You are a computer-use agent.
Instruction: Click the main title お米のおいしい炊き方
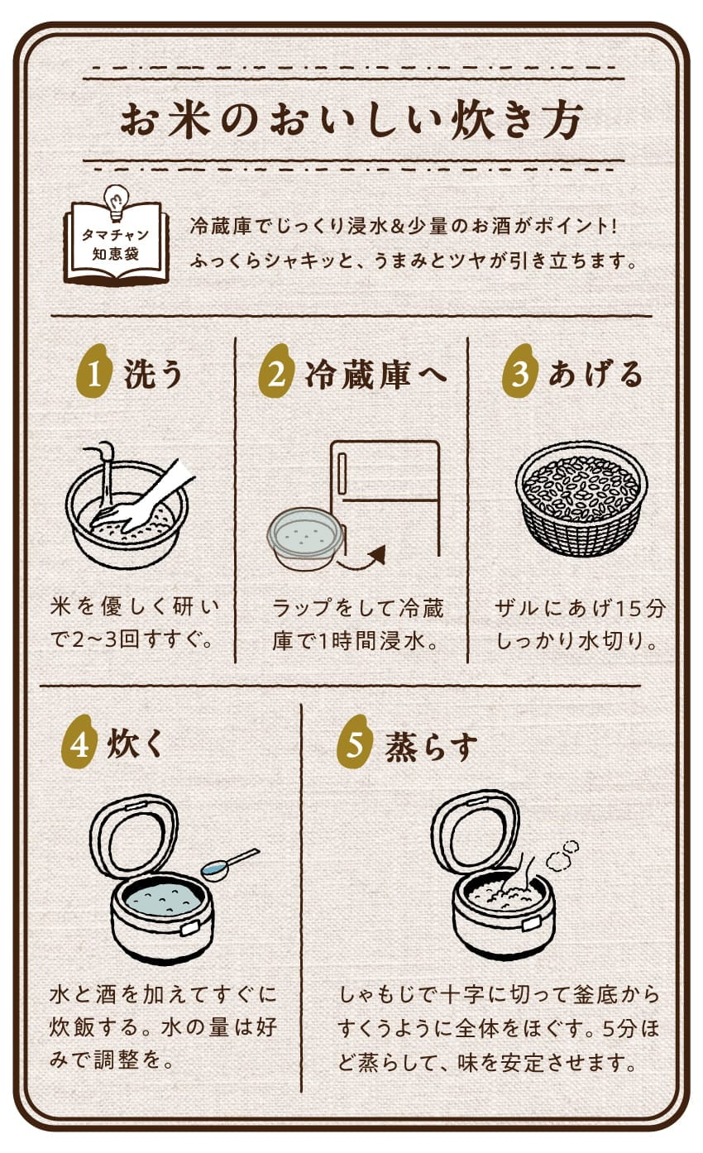coord(352,121)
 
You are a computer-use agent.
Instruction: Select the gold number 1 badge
coord(94,371)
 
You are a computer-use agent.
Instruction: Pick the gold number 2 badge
coord(276,371)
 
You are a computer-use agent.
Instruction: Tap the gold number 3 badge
coord(519,371)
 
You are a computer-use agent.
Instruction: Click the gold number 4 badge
coord(79,742)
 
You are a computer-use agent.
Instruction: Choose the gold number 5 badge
coord(355,742)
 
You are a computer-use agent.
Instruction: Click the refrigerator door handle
coord(342,474)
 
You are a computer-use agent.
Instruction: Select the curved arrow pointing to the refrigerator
coord(362,558)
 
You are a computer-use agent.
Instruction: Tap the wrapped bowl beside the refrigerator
coord(306,538)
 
